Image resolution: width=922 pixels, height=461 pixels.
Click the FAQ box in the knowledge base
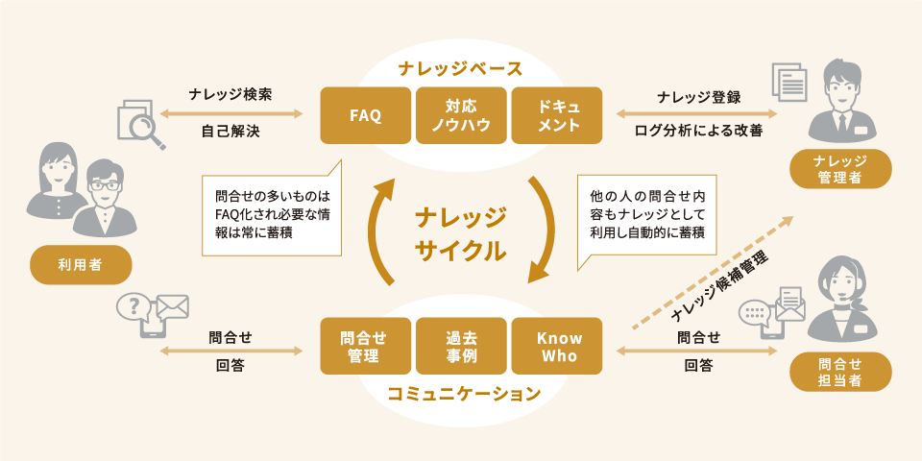pos(366,115)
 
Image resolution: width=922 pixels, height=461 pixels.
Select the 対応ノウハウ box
pos(461,115)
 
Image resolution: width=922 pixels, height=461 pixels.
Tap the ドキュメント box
pos(557,115)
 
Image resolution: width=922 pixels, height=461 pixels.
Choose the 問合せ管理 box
pos(366,347)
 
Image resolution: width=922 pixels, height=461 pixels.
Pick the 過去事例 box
pos(461,347)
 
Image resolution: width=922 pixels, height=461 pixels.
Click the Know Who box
pos(557,347)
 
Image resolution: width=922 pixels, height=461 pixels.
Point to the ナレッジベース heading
pos(461,68)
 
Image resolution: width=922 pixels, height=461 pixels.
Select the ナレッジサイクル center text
pos(461,233)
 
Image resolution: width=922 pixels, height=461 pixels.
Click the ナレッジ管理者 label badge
pos(839,168)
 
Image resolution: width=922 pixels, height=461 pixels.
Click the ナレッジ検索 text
pos(230,95)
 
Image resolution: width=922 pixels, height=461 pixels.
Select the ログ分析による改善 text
pos(698,131)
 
